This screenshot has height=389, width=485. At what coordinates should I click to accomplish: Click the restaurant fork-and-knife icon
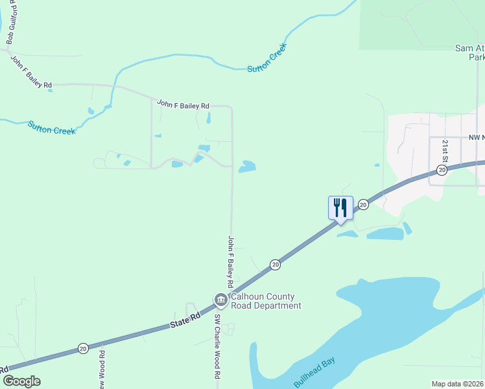[x=340, y=207]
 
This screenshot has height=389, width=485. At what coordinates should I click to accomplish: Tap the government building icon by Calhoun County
[x=220, y=300]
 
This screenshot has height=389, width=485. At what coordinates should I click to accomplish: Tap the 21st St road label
[x=445, y=150]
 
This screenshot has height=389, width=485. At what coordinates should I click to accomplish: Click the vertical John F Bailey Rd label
[x=230, y=261]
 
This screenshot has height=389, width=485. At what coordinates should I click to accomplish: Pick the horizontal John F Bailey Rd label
[x=183, y=105]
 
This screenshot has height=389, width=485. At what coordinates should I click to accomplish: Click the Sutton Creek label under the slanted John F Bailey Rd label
[x=51, y=126]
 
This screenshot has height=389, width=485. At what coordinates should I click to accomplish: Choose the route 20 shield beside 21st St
[x=442, y=170]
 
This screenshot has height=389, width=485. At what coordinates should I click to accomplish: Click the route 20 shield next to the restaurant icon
[x=363, y=204]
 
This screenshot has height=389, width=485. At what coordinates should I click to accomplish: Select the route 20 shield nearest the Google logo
[x=83, y=348]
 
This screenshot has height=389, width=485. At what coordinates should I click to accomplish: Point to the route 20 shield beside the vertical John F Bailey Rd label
[x=276, y=264]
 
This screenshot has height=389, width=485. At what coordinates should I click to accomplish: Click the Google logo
[x=21, y=381]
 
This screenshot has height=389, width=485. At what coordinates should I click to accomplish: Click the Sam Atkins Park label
[x=469, y=53]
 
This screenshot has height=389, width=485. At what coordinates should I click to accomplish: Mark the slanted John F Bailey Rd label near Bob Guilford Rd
[x=31, y=72]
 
